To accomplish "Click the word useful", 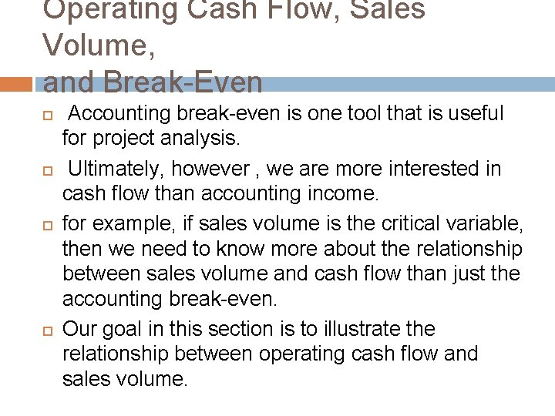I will click(473, 114).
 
